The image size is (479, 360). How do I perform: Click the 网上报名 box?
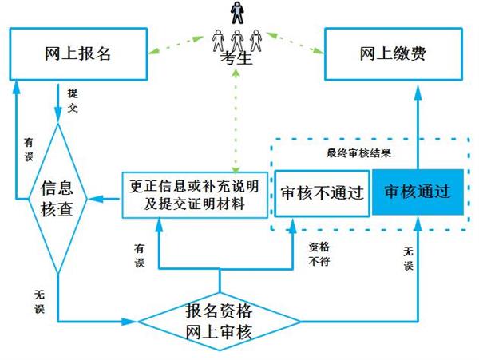point(77,55)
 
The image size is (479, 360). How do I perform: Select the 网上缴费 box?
point(392,55)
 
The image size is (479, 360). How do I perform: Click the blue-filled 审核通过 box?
point(418,192)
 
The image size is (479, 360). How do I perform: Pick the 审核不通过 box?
point(321,192)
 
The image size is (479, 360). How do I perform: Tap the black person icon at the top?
point(236,12)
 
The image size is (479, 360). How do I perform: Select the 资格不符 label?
point(319,253)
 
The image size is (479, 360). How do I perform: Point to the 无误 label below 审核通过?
point(408,259)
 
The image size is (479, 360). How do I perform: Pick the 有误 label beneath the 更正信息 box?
point(141,254)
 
